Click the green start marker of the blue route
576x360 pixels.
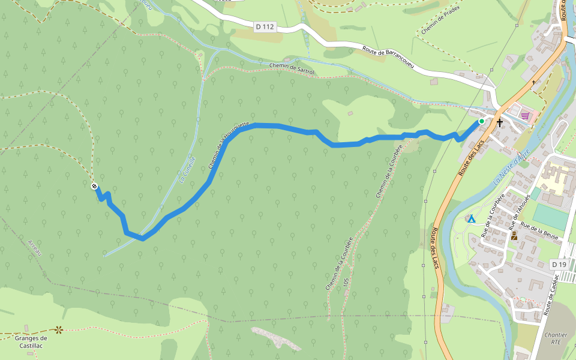pyautogui.click(x=481, y=121)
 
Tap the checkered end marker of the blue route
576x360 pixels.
pyautogui.click(x=94, y=186)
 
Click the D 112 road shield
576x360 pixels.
pyautogui.click(x=265, y=26)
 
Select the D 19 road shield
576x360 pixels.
pyautogui.click(x=559, y=265)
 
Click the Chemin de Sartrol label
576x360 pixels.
pyautogui.click(x=292, y=69)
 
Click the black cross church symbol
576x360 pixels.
pyautogui.click(x=500, y=122)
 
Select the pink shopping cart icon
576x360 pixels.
pyautogui.click(x=526, y=115)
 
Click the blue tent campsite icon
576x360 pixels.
pyautogui.click(x=472, y=219)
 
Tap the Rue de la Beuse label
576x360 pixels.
pyautogui.click(x=539, y=230)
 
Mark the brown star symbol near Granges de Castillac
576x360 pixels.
pyautogui.click(x=59, y=329)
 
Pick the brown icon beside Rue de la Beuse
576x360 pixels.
pyautogui.click(x=514, y=235)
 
